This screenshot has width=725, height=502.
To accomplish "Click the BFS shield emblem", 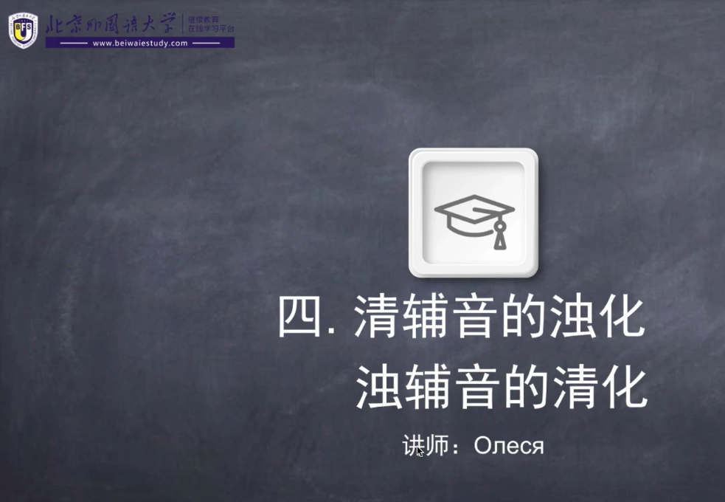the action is point(23,30).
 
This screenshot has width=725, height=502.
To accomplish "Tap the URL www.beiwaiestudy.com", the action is point(140,44).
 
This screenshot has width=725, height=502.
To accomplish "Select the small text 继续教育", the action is point(204,20).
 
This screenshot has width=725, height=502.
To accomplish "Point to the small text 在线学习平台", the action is point(211,29).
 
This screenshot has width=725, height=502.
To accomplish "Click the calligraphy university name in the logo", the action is point(111,24).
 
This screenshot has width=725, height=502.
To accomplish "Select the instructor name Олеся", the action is point(509,446).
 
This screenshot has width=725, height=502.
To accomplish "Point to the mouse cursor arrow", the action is point(420,452).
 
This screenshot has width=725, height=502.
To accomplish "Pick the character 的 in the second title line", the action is point(526,387).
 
